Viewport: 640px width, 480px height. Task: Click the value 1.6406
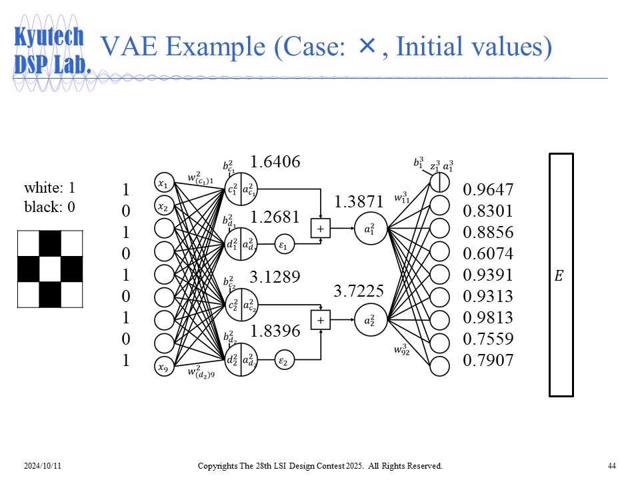click(275, 161)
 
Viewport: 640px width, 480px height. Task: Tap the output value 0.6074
click(488, 253)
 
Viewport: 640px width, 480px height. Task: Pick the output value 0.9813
click(488, 317)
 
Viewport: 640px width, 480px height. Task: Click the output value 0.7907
click(488, 361)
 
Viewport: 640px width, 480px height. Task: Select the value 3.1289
click(275, 276)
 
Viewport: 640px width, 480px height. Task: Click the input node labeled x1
click(163, 183)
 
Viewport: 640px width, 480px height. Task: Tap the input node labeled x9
click(163, 366)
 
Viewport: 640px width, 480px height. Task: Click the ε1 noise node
click(283, 245)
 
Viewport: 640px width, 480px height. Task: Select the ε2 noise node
click(283, 361)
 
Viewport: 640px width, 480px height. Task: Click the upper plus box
click(321, 228)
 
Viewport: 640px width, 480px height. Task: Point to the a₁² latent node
click(369, 228)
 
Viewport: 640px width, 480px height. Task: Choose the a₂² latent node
click(369, 319)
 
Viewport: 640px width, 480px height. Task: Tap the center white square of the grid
click(50, 269)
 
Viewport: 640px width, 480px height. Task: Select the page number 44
click(611, 465)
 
